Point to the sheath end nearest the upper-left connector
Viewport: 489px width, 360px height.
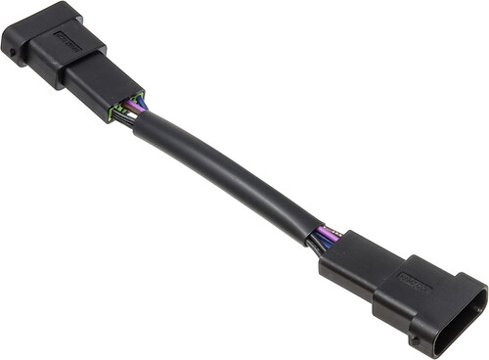[x=147, y=129]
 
